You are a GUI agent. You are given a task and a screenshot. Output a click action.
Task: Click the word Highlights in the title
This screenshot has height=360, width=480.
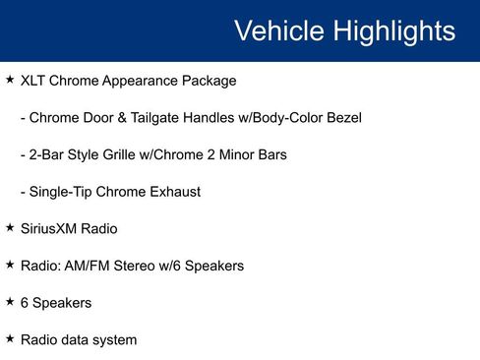tap(393, 31)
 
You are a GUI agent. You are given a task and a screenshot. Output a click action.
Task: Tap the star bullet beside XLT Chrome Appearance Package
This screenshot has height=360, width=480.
tap(10, 79)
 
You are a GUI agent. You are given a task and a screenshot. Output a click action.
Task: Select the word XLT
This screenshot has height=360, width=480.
tap(34, 81)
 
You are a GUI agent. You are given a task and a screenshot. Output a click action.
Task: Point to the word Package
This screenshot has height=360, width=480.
tap(209, 81)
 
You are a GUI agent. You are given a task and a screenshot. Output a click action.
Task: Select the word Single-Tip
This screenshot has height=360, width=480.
tap(62, 192)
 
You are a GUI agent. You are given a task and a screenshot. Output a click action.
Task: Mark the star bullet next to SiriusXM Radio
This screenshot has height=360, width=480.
tap(10, 227)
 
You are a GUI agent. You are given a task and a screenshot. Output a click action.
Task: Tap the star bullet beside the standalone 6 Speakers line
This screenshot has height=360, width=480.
tap(10, 301)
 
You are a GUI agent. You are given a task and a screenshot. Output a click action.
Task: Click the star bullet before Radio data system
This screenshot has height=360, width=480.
tap(10, 338)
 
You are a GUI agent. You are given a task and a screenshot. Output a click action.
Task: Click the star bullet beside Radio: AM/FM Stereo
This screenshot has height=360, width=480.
tap(10, 265)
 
